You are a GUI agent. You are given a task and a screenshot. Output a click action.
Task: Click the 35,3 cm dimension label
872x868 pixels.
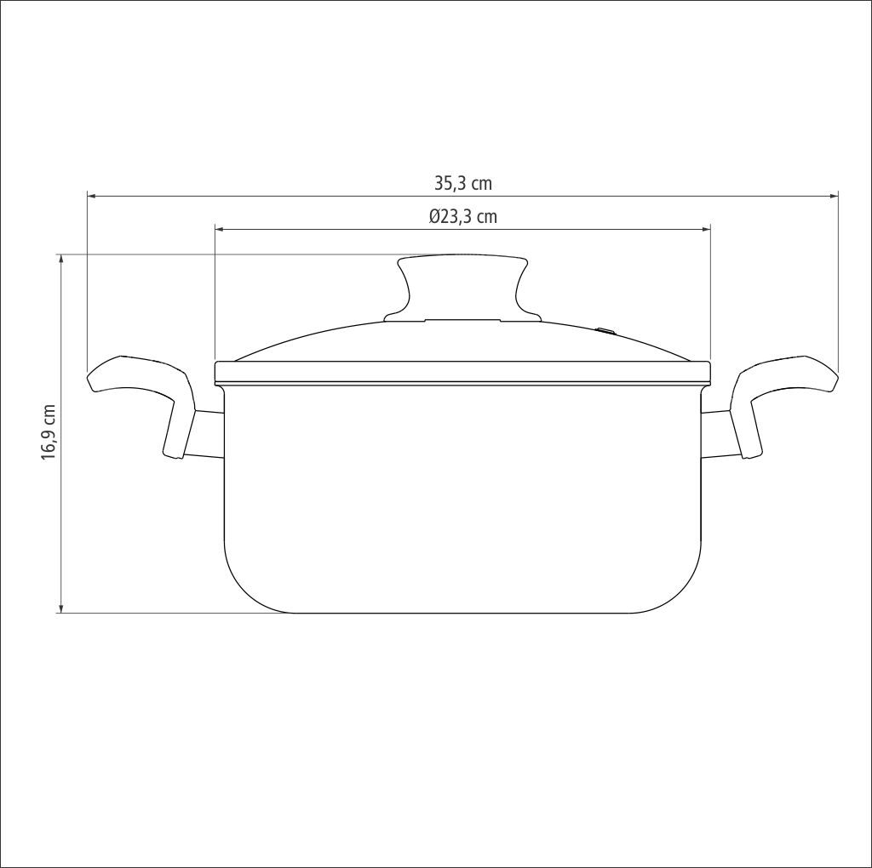tap(463, 183)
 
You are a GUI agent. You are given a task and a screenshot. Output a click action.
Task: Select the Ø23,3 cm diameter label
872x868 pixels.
tap(462, 216)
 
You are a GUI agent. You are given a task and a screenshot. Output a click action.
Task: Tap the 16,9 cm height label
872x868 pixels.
tap(49, 431)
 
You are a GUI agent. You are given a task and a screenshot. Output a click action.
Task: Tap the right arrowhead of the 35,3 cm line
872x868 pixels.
tap(833, 197)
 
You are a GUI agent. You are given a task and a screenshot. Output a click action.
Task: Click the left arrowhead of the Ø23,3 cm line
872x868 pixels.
tap(221, 229)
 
